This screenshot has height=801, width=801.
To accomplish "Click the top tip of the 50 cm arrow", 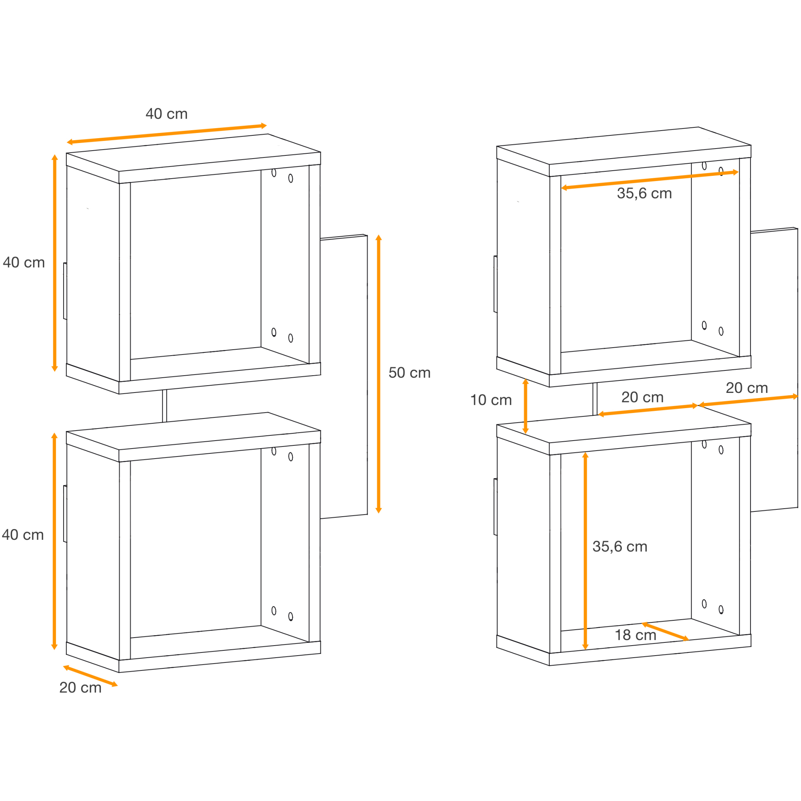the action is (x=378, y=235).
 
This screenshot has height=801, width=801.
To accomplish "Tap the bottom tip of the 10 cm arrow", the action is (x=525, y=434).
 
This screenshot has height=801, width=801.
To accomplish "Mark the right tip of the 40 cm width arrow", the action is (x=267, y=125).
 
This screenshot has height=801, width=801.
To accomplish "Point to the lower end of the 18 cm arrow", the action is (x=688, y=640).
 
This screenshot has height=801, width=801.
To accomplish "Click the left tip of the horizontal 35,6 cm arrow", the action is (x=562, y=188).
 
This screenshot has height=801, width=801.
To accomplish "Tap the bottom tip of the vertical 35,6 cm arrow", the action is (x=586, y=650).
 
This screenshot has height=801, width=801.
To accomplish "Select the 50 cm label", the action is (x=410, y=373).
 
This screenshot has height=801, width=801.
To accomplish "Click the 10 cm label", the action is (x=491, y=400).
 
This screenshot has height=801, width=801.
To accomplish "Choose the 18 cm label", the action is (x=635, y=635).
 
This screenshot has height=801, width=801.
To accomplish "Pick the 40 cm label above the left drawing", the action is (x=167, y=114).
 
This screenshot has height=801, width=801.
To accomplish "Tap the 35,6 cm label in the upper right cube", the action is (x=644, y=193).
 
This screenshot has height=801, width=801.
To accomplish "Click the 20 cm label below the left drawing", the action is (x=81, y=687).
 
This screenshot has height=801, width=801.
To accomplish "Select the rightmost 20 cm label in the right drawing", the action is (x=747, y=388).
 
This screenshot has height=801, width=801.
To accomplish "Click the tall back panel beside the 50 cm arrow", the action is (x=344, y=376).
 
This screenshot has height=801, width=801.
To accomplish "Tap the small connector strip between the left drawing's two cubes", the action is (x=165, y=406).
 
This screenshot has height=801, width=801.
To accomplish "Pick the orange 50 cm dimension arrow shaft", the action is (x=378, y=374).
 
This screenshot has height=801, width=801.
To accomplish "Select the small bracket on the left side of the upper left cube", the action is (x=65, y=291).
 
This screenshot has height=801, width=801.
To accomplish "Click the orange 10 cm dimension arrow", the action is (x=525, y=406).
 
